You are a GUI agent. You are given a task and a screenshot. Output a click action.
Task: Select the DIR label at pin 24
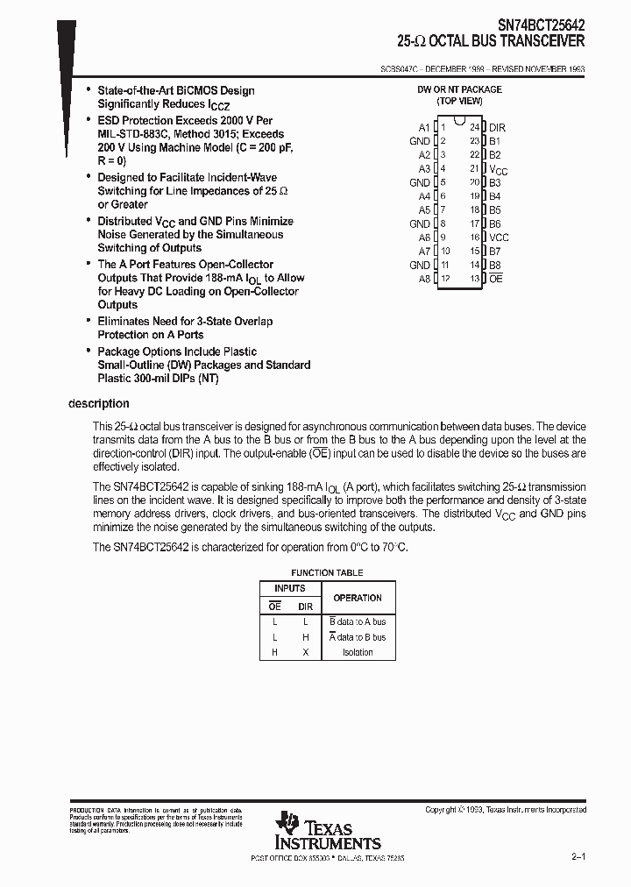coord(497,127)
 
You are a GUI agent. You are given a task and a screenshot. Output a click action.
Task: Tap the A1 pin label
coord(424,127)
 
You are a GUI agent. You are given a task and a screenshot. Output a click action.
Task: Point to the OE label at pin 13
coord(496,279)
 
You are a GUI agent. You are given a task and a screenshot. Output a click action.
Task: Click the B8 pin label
coord(494,265)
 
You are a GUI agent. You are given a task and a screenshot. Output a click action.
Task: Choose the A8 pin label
coord(424,279)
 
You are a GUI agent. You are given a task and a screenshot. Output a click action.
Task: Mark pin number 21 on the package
coord(474,168)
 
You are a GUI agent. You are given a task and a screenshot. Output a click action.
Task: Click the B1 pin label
coord(494,141)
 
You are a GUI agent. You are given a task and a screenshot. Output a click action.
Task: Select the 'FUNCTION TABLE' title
coord(327,573)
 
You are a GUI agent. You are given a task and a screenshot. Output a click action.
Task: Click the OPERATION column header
coord(358,598)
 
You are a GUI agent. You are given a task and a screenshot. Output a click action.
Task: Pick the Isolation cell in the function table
coord(358,652)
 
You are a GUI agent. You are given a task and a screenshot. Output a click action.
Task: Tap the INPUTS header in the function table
coord(290,588)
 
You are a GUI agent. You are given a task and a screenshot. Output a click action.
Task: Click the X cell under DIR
coord(305,652)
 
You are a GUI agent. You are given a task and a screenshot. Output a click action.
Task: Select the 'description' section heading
coord(99,404)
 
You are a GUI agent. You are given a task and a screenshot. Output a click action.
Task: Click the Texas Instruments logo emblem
coord(287,823)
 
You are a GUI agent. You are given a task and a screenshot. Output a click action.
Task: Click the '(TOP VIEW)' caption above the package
coord(459,101)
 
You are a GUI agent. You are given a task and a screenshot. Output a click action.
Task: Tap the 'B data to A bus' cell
coord(358,621)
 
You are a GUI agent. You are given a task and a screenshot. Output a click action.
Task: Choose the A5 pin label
coord(424,210)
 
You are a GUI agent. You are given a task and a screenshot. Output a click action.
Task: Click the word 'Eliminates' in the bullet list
coord(124,322)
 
